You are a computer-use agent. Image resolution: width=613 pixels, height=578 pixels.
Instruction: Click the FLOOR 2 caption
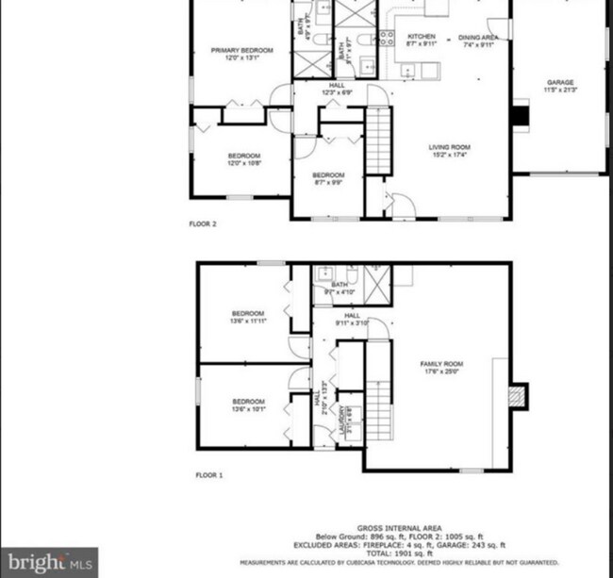coord(203,224)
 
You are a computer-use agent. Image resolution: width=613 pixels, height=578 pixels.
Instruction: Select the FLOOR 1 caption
coord(209,475)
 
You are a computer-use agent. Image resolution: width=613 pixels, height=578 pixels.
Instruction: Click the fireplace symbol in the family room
coord(517,396)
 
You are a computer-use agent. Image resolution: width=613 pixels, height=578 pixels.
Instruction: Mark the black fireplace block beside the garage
coord(521,116)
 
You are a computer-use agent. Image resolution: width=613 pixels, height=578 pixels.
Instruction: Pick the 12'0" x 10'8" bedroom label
coord(242,159)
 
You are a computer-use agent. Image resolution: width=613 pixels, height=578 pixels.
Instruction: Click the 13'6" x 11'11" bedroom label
coord(248,317)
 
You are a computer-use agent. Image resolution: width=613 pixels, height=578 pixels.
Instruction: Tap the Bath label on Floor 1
coord(340,288)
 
